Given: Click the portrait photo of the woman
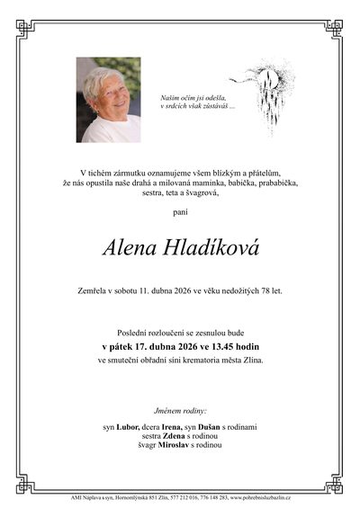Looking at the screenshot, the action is coord(108,100).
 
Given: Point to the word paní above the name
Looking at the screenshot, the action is coord(180,212).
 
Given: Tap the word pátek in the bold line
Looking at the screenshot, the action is coord(124,344).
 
